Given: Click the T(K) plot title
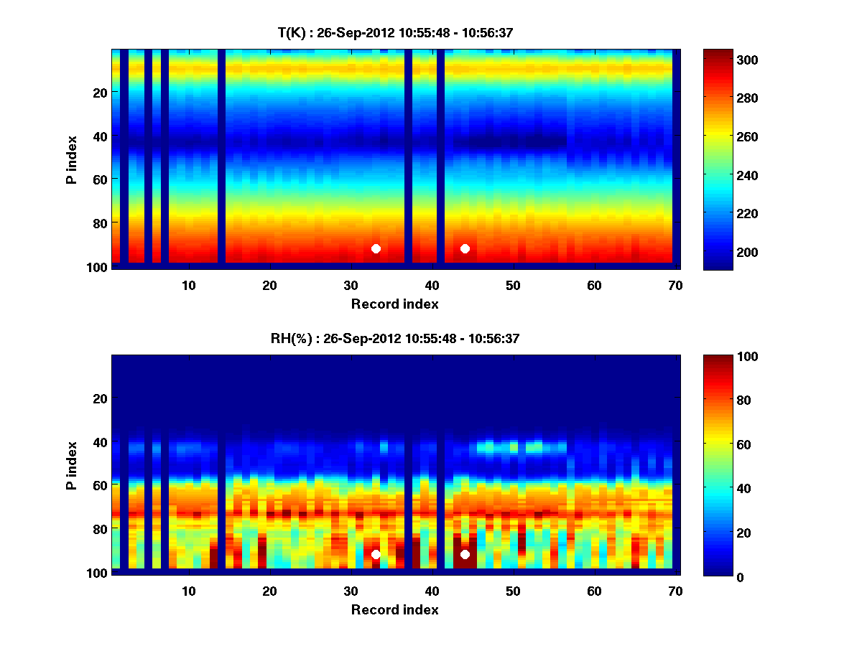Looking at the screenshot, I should point(395,32).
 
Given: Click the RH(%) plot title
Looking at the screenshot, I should point(395,339).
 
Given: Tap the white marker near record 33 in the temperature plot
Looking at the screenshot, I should point(376,249).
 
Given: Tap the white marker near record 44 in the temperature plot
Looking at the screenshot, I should point(465,248).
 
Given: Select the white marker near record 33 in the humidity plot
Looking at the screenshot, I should point(376,555).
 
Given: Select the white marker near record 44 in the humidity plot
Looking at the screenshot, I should point(465,554).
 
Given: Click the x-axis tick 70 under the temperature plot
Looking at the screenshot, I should point(675,285).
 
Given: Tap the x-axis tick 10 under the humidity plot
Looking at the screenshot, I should point(188,591).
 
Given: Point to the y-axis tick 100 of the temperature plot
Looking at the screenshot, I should point(98,267).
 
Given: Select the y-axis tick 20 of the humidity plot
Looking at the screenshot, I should point(101,398).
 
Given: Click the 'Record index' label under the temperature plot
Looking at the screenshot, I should point(394,304).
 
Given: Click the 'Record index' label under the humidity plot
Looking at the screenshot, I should point(394,610).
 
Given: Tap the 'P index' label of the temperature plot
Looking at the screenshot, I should point(72,160).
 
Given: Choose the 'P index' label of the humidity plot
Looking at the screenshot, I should point(72,466).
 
